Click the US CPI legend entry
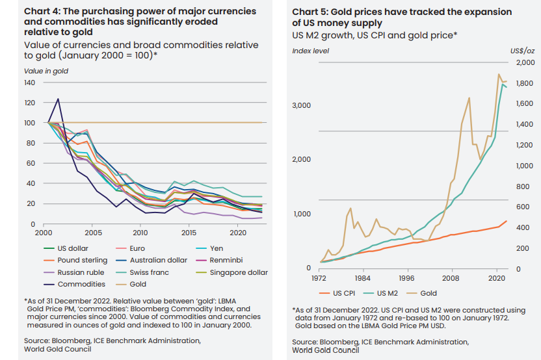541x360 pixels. [342, 293]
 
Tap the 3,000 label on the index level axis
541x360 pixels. [302, 105]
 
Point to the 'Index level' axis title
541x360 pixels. [308, 50]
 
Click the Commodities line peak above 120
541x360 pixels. [58, 99]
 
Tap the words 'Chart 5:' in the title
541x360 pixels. [312, 12]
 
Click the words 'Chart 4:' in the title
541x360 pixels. [44, 12]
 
